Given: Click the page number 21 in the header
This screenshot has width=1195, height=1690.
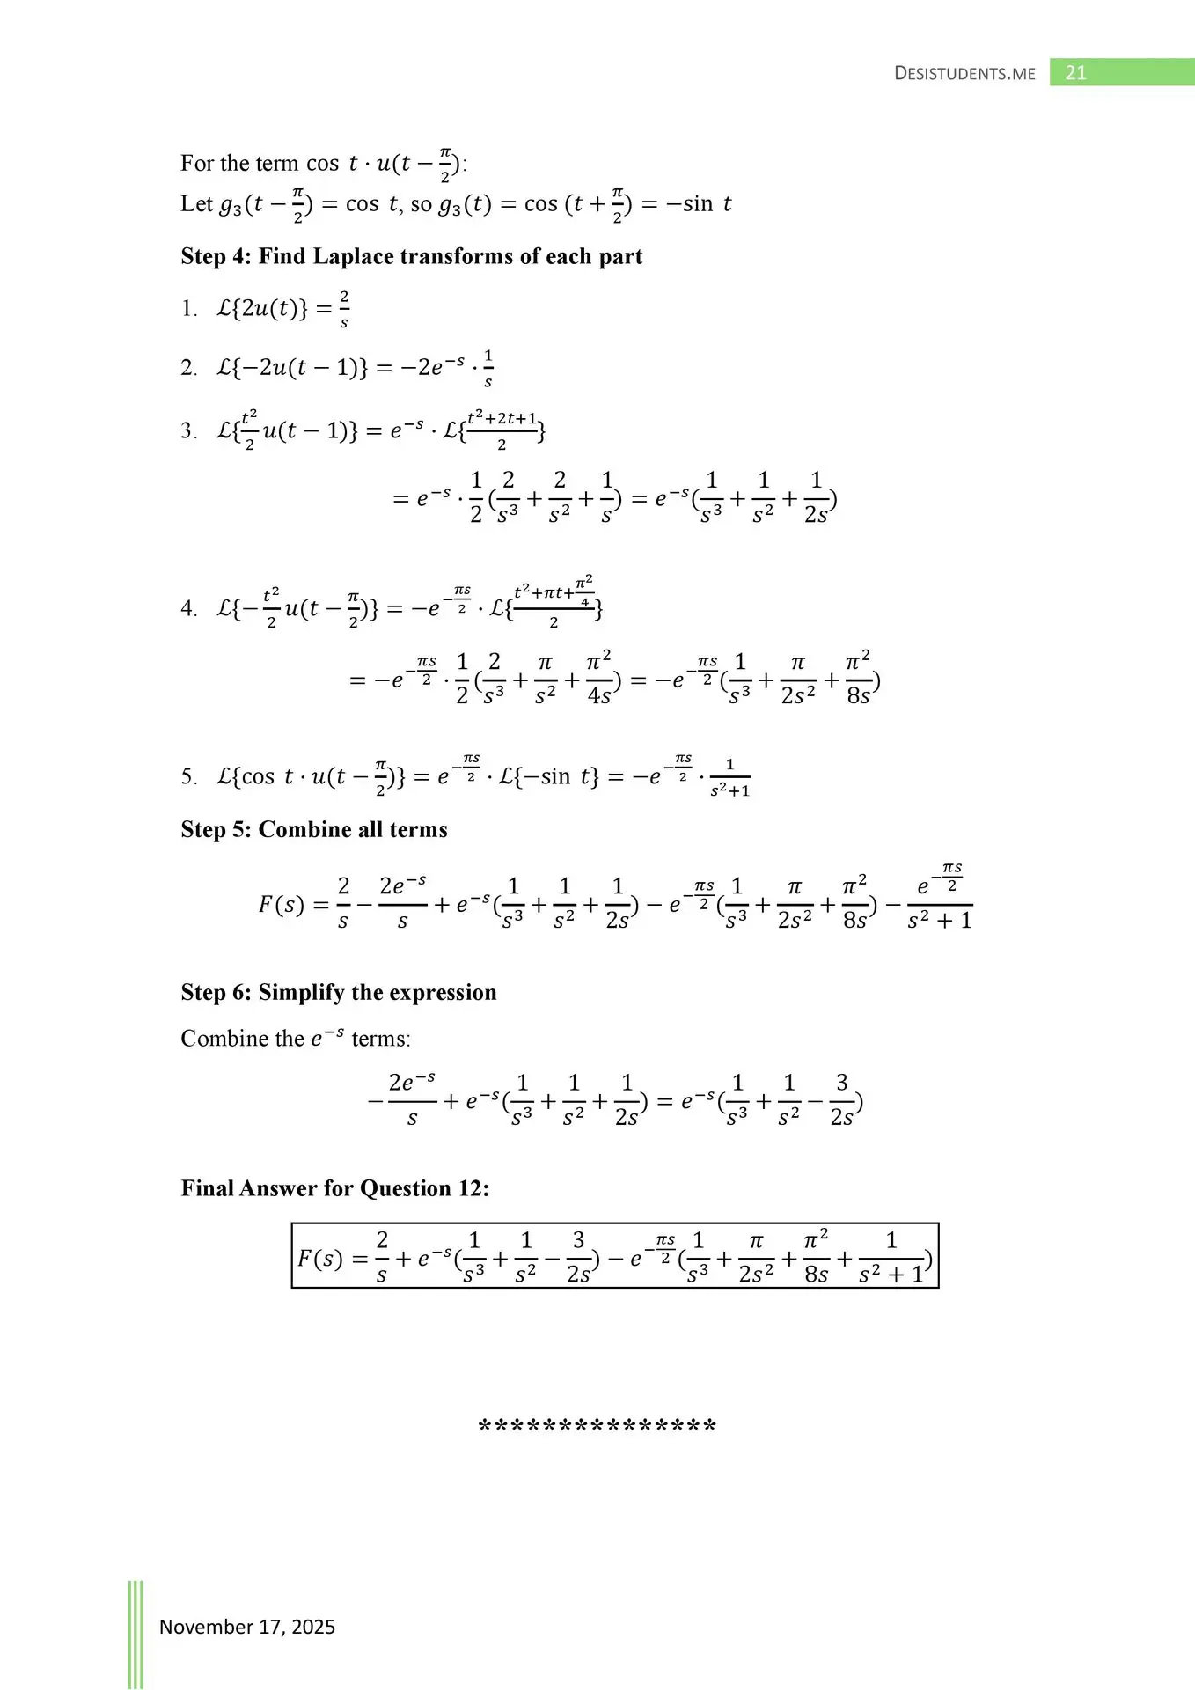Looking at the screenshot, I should point(1075,73).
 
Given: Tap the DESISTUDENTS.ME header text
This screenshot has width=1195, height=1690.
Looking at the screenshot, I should point(964,74).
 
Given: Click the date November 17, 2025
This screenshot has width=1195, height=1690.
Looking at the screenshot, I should point(246,1627).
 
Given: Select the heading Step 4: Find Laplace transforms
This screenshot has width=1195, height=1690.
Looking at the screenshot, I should point(411,256).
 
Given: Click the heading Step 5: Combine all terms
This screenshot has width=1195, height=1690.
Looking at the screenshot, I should point(313,829).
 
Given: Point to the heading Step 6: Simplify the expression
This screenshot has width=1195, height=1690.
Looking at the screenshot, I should point(338,992).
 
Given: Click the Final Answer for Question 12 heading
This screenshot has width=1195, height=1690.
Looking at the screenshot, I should point(334,1188).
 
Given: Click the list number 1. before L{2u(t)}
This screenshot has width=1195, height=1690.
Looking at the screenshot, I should point(189,309).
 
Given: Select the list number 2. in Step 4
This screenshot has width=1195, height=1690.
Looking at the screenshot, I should point(189,368).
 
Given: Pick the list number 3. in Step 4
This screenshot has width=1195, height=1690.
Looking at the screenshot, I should point(189,430).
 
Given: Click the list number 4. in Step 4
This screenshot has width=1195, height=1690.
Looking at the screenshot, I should point(189,609).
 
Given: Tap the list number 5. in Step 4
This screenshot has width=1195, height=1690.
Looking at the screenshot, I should point(189,776).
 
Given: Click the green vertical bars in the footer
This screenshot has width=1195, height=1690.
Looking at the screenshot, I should point(136,1633).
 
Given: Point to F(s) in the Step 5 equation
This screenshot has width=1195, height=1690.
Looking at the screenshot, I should point(281,905).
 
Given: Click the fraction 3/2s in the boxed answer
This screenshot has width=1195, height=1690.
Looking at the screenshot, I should point(578,1258).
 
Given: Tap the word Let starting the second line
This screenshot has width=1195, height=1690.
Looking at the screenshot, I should point(196,204).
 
